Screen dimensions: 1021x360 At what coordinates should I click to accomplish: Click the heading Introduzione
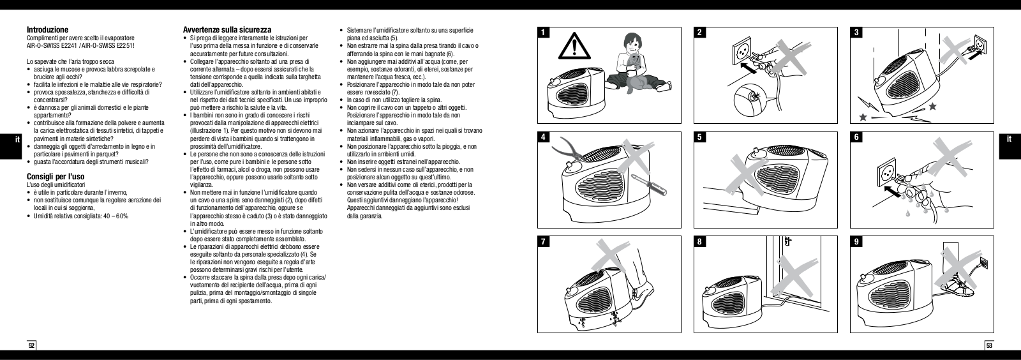click(47, 29)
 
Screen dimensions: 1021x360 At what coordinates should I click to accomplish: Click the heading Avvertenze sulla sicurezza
click(227, 29)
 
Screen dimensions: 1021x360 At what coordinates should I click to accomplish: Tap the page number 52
click(31, 345)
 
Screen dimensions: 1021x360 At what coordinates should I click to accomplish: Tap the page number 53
click(989, 345)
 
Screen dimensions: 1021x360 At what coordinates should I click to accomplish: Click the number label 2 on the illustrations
click(701, 33)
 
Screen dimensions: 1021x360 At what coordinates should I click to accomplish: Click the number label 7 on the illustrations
click(542, 242)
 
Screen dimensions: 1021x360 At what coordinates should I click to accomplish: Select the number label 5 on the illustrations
click(701, 137)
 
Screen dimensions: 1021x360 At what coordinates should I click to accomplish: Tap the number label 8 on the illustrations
click(701, 242)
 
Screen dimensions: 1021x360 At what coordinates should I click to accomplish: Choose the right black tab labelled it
click(1010, 139)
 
